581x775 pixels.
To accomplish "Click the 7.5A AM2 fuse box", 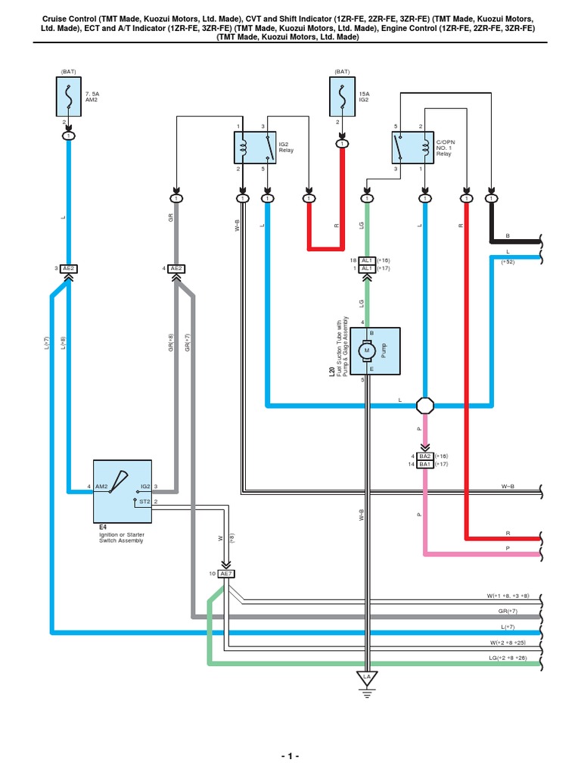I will point(69,99).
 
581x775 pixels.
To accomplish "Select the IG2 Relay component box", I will point(253,147).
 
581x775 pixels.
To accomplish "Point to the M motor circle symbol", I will point(368,350).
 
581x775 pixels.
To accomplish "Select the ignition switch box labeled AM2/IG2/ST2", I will point(123,491).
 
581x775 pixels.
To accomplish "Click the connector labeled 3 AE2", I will point(69,269).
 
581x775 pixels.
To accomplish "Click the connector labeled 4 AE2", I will point(176,269).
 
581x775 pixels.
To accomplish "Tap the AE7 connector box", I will point(225,574).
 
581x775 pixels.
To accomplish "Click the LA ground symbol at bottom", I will point(367,678).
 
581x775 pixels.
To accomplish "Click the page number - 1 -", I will point(290,756).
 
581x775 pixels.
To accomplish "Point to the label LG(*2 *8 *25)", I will point(512,658).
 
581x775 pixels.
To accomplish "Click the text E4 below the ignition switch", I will point(94,524).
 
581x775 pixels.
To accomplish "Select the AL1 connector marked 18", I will point(366,260).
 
